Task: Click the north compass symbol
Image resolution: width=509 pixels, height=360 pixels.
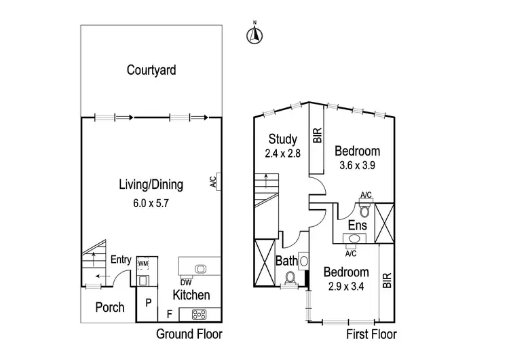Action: (254, 35)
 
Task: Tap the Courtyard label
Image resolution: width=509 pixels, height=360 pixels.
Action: (151, 69)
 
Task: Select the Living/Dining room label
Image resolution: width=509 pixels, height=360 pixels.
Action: (151, 184)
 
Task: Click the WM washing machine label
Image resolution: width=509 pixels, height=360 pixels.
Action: (143, 263)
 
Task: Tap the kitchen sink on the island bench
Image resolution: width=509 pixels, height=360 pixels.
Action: (200, 268)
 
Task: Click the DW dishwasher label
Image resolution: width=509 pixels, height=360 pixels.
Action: (185, 283)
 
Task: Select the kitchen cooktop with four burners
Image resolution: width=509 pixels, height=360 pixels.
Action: (200, 314)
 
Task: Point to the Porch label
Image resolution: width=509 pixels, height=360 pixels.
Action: (109, 307)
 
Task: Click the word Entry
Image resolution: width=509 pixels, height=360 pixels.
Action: (121, 259)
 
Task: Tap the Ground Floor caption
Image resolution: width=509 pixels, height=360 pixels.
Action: (189, 334)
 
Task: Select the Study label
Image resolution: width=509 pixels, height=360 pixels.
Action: (282, 141)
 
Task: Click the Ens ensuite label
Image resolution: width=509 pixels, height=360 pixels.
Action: (357, 225)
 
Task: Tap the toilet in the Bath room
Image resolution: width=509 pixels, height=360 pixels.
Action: (290, 278)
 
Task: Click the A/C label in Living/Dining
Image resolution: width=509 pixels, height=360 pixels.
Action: (212, 181)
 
